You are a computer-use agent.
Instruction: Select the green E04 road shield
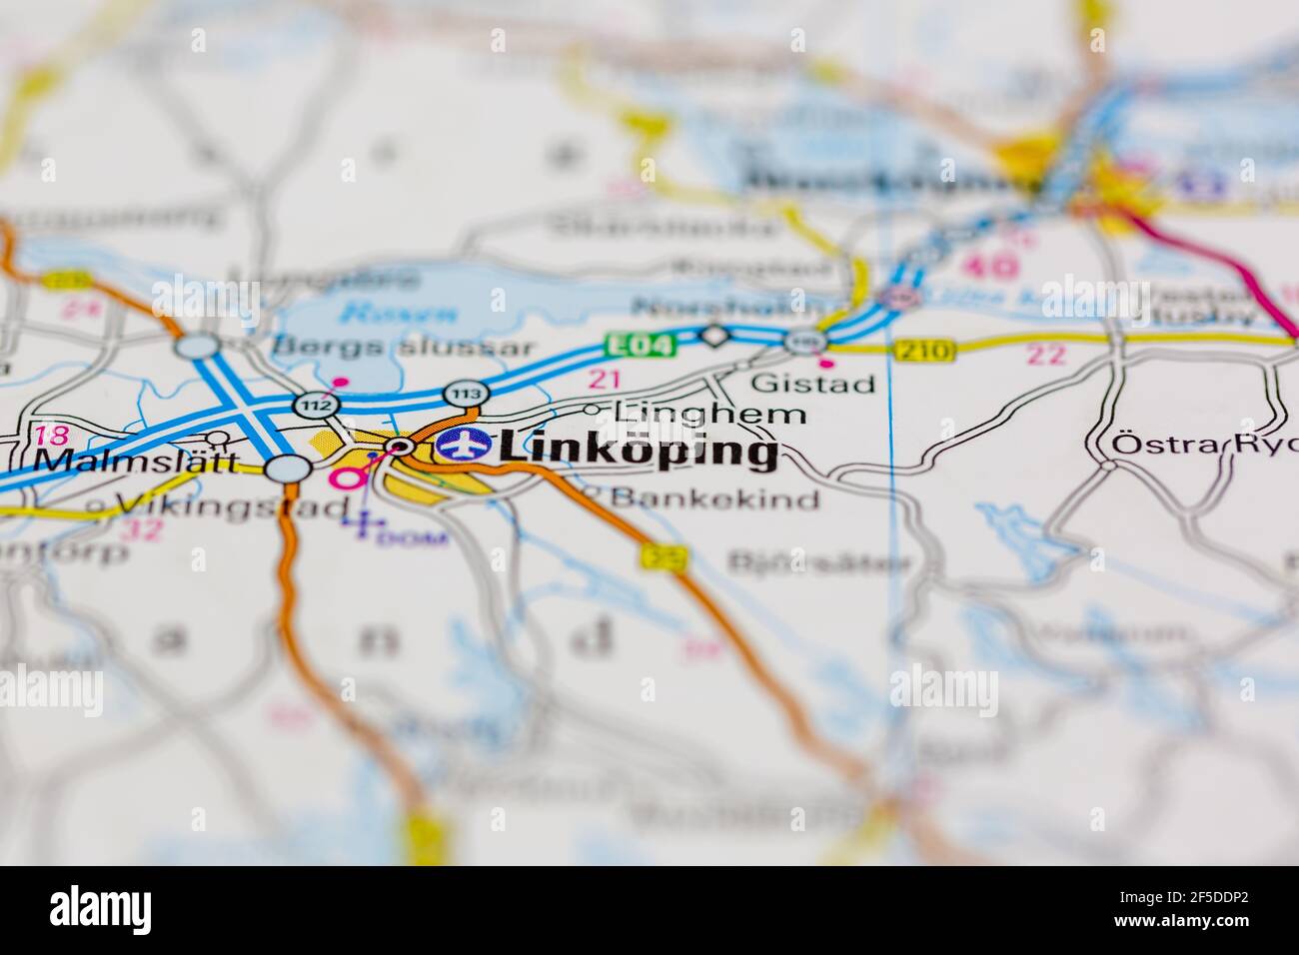642,345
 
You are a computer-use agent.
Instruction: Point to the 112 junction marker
318,406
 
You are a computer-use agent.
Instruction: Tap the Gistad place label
812,383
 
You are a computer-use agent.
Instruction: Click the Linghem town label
709,412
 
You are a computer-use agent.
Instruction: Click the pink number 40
992,265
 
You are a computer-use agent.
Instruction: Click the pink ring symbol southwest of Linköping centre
348,478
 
